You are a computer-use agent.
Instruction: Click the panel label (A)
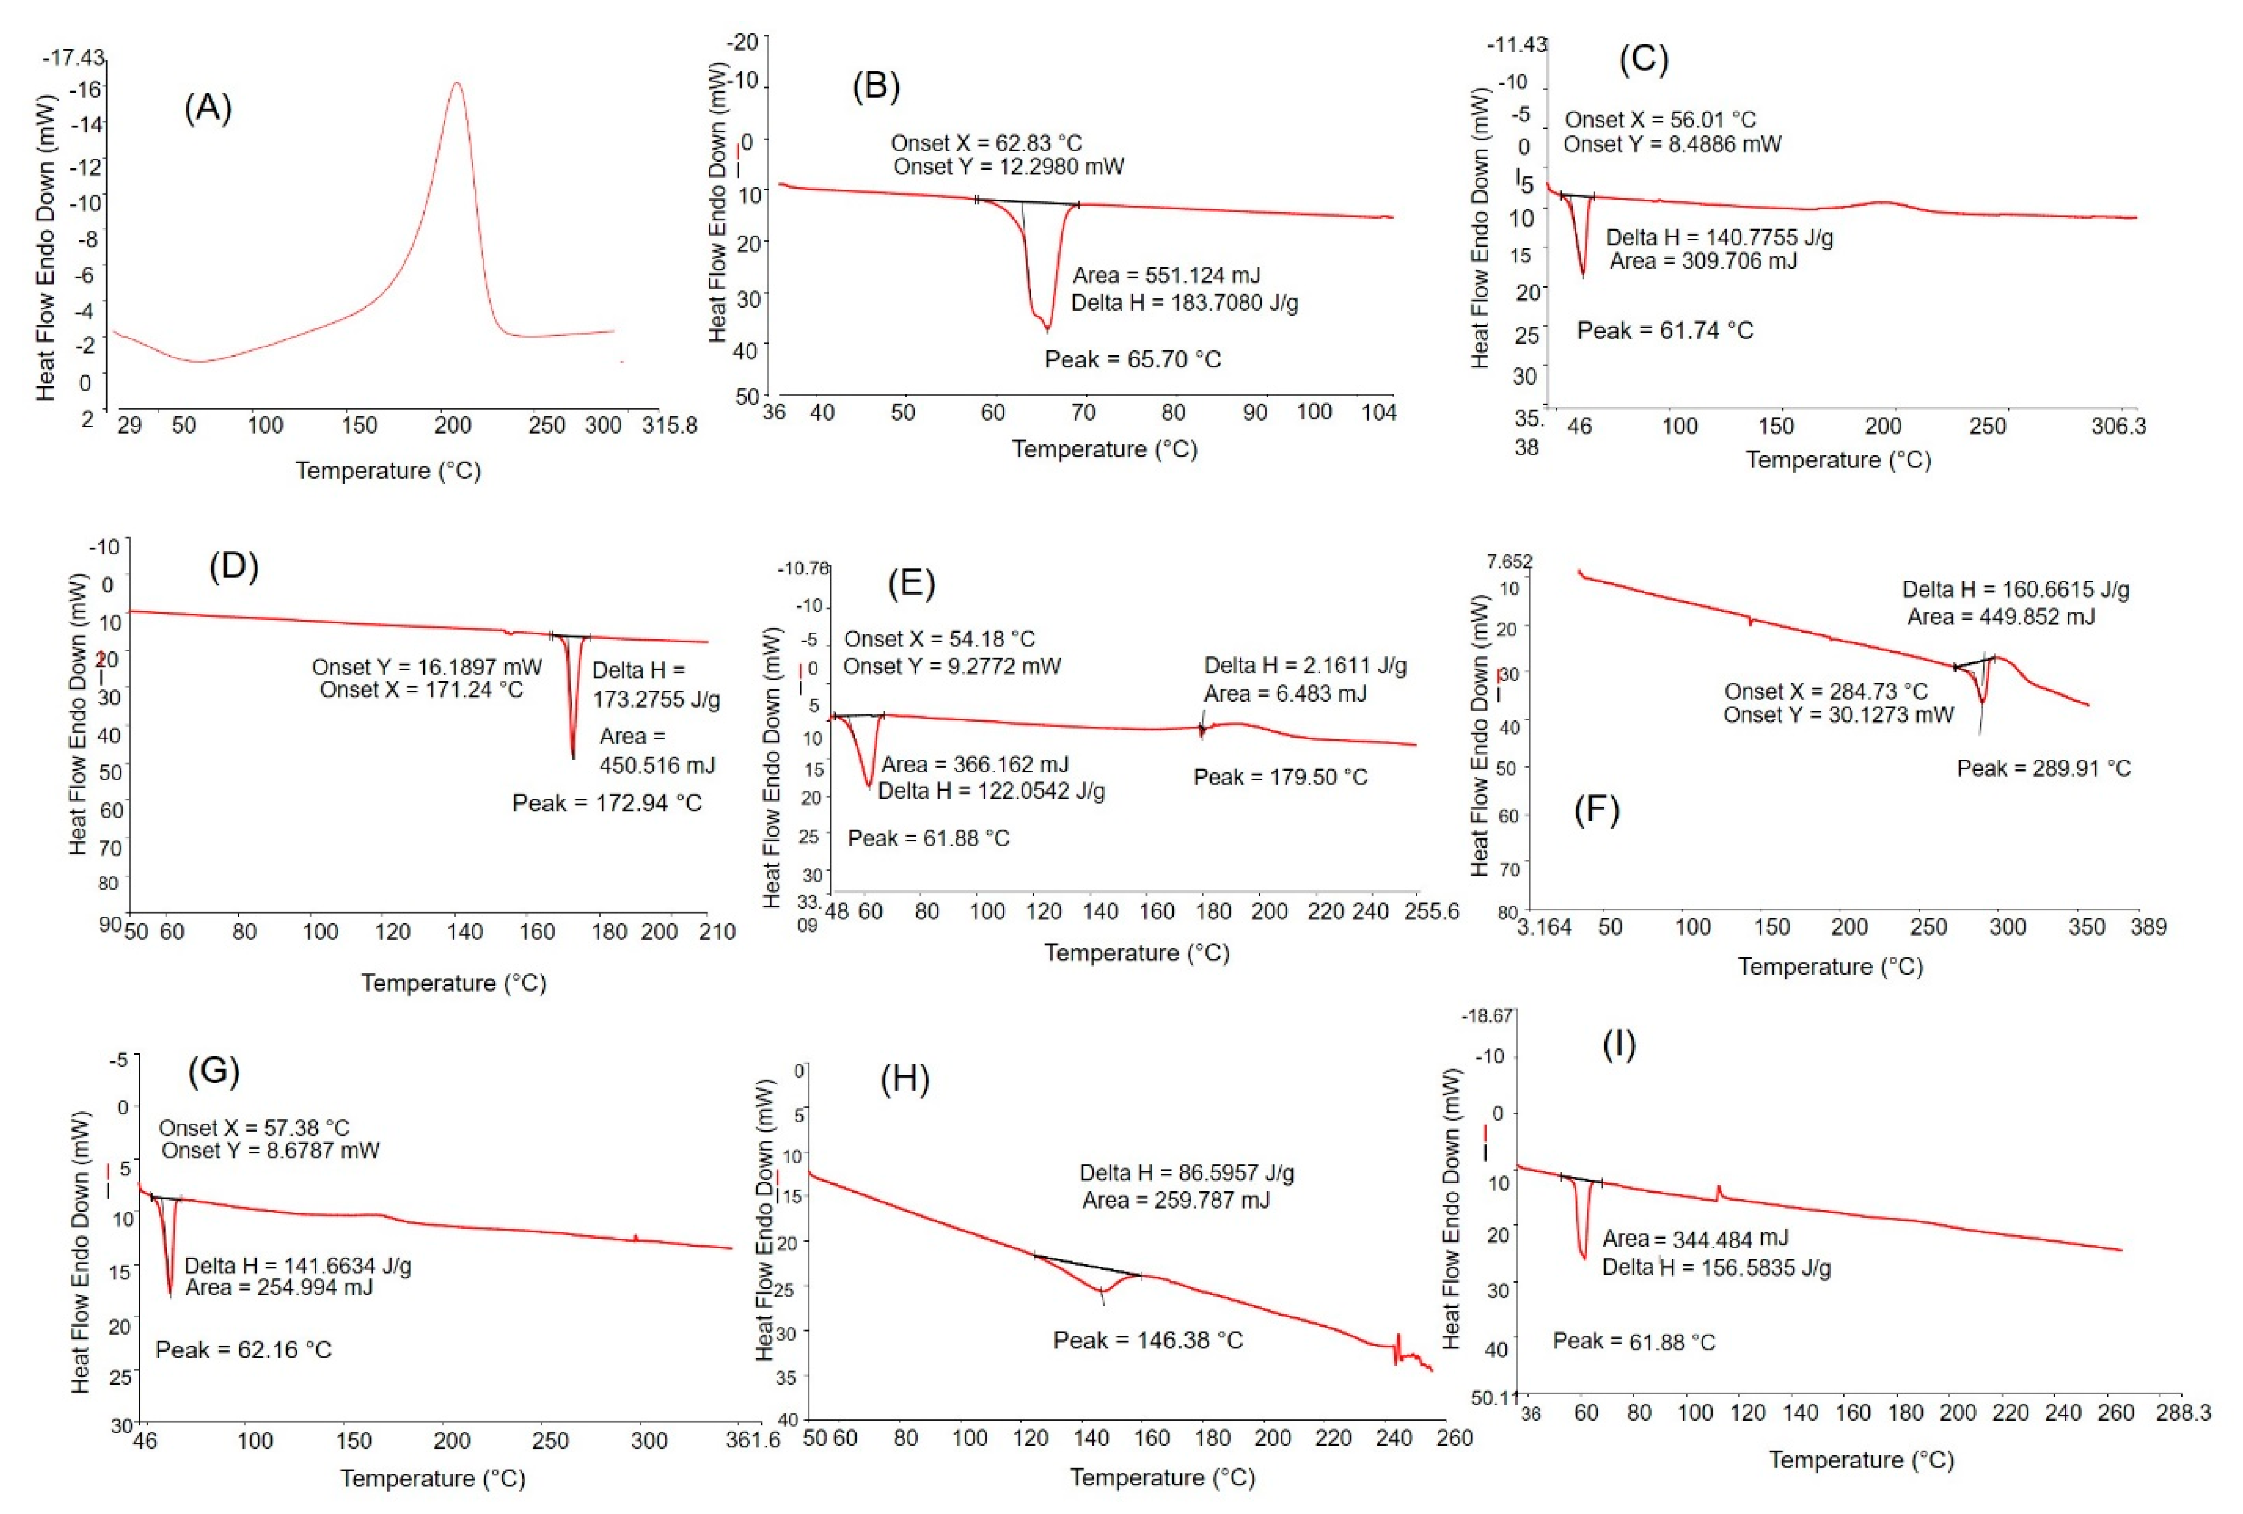pos(208,108)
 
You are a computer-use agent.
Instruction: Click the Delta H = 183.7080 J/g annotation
pos(1184,303)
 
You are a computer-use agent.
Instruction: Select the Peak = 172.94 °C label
pos(606,803)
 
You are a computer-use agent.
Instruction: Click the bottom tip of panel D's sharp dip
pos(574,757)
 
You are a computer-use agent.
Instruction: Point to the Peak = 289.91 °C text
pos(2043,769)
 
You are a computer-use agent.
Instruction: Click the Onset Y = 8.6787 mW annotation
pos(270,1150)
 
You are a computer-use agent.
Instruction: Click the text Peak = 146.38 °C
pos(1148,1340)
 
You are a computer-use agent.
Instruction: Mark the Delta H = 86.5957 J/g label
pos(1186,1174)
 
